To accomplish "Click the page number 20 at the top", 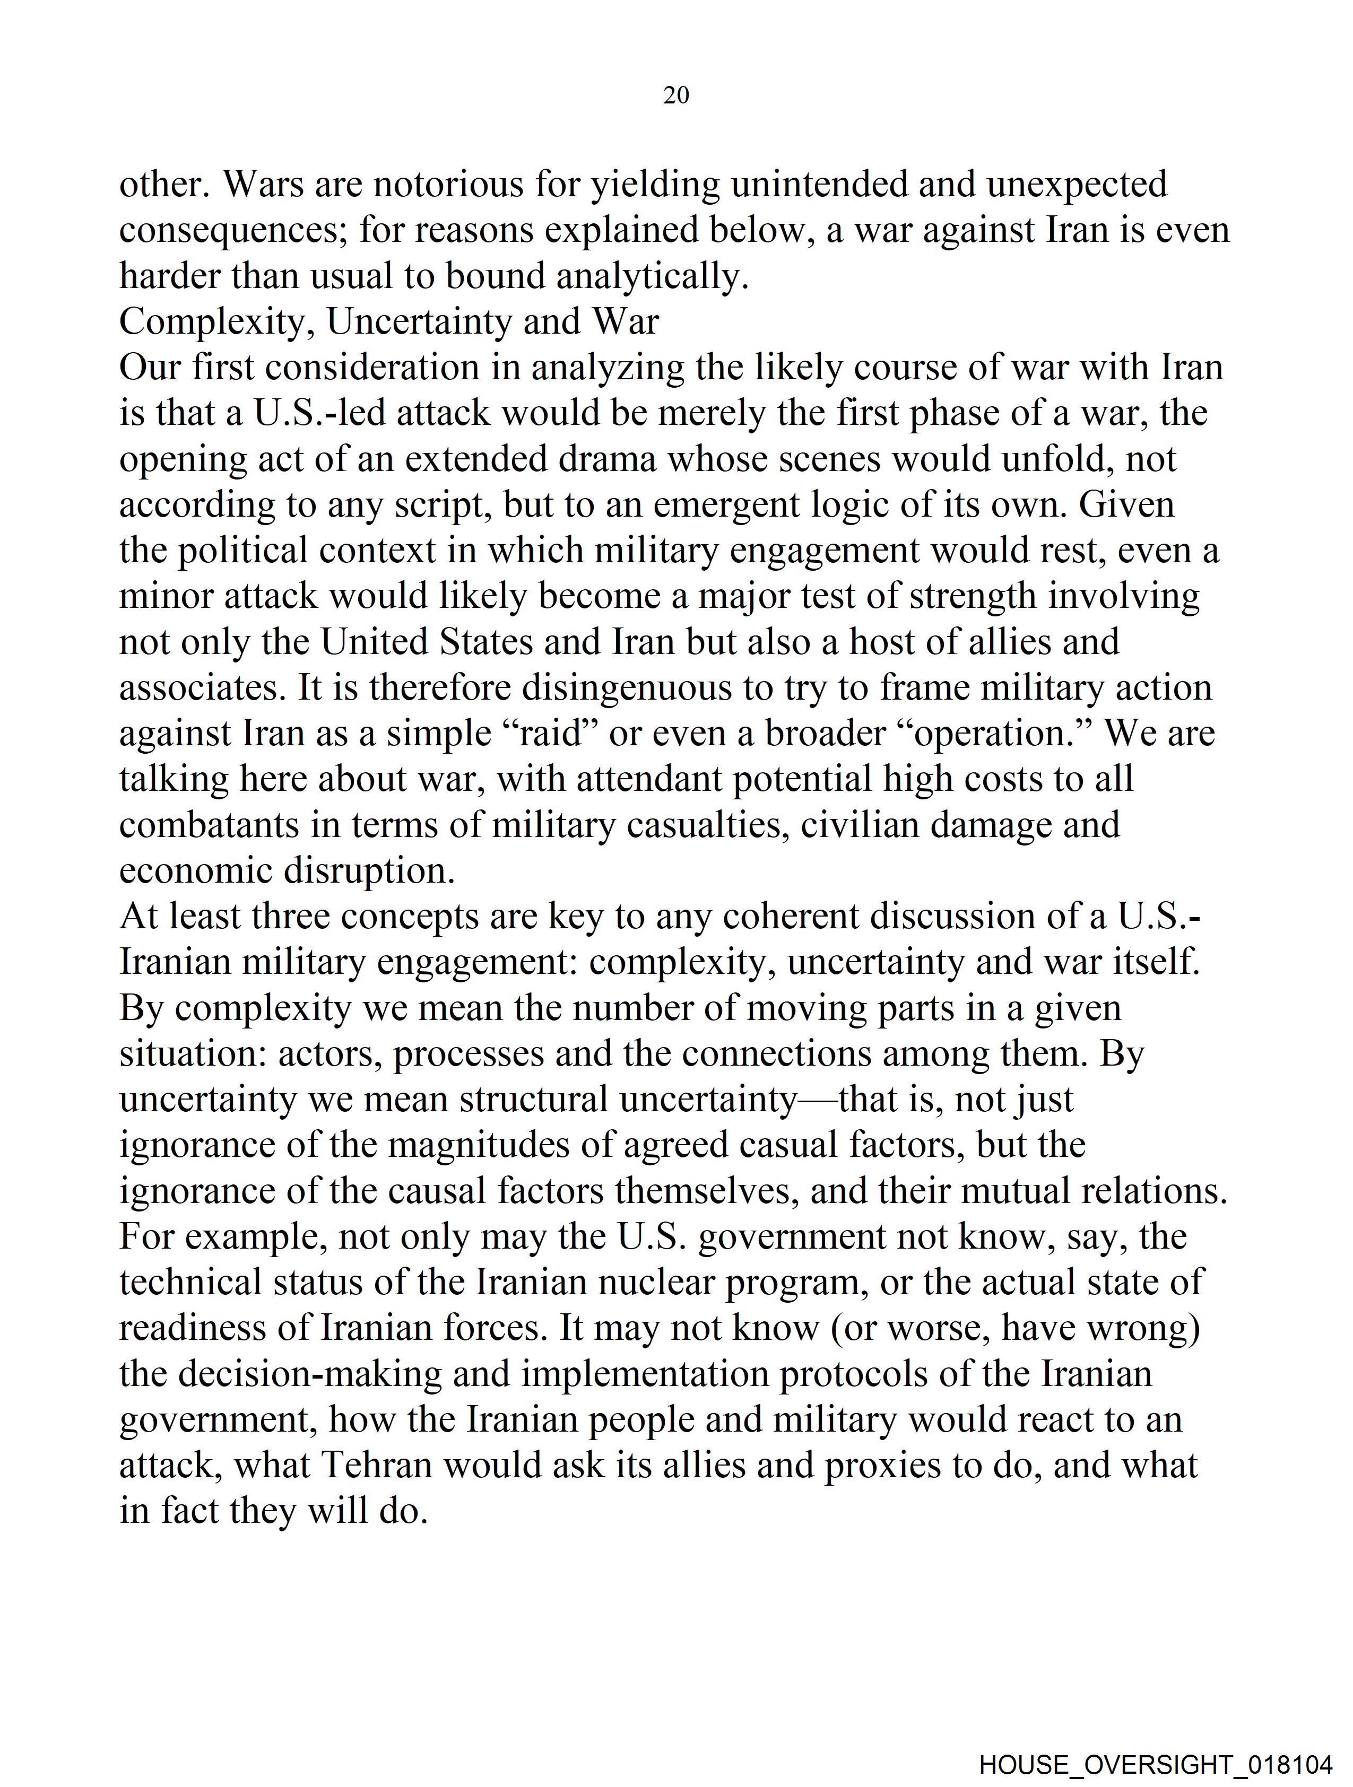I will tap(675, 95).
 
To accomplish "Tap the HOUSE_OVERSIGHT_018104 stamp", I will tap(1156, 1764).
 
